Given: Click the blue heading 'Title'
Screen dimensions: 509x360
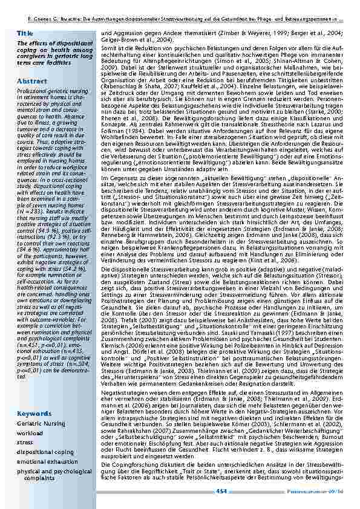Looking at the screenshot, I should [25, 33].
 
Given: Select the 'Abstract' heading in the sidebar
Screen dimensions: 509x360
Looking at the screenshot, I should [30, 80].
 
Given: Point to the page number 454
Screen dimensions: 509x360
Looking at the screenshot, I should [221, 491].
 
